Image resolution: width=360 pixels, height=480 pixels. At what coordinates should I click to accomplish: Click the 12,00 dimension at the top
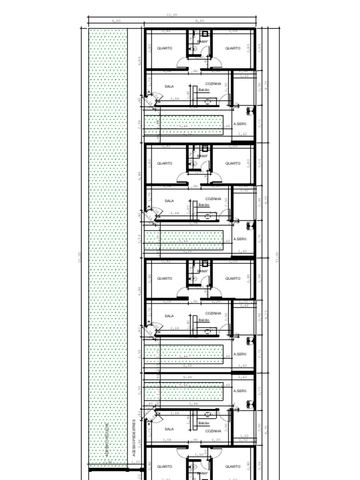point(172,15)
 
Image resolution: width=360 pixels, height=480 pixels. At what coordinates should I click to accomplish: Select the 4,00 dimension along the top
point(116,21)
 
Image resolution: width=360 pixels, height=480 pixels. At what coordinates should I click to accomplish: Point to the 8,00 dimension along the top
point(200,21)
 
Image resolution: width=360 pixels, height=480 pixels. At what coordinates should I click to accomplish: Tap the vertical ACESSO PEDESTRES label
point(134,437)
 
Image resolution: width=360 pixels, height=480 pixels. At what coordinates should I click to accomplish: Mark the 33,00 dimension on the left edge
point(80,257)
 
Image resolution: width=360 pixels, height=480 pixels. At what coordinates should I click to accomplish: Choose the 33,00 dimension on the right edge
point(277,257)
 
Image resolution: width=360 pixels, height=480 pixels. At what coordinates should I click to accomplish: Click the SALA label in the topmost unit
point(169,86)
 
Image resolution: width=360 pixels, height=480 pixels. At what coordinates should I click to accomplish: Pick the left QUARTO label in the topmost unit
point(165,48)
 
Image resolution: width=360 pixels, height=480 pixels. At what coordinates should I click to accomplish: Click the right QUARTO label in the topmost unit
point(232,48)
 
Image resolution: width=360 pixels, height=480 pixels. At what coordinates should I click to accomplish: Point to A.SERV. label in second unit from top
point(240,239)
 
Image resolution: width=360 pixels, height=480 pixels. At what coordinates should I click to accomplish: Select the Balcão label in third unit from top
point(203,320)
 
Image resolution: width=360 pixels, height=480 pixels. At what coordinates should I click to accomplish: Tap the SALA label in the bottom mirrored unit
point(169,429)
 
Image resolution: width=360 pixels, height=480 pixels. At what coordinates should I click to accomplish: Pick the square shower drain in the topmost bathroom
point(205,34)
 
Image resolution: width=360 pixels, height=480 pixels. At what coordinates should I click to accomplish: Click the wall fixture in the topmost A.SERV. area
point(249,111)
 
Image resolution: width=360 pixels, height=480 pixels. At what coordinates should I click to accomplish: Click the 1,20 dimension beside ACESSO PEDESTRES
point(135,462)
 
